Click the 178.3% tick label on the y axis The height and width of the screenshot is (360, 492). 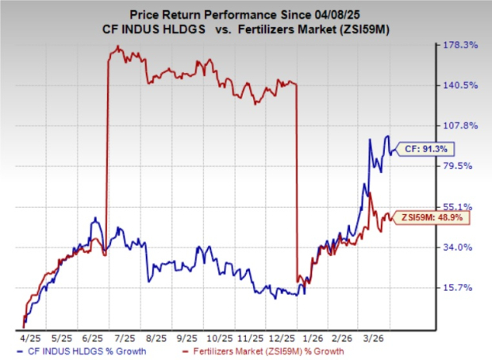coord(463,45)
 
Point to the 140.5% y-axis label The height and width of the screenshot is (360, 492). coord(463,85)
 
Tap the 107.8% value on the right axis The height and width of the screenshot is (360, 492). coord(463,125)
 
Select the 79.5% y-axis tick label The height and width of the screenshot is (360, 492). coord(463,166)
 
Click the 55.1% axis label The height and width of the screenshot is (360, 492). coord(463,206)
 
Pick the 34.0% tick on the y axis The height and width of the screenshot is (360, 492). coord(463,247)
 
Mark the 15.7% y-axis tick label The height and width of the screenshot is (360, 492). coord(463,287)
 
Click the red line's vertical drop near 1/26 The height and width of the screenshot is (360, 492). coord(297,182)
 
